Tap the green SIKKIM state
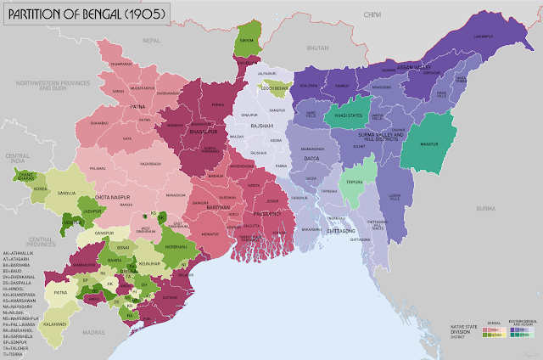[245, 40]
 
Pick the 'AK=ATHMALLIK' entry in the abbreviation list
[20, 253]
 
